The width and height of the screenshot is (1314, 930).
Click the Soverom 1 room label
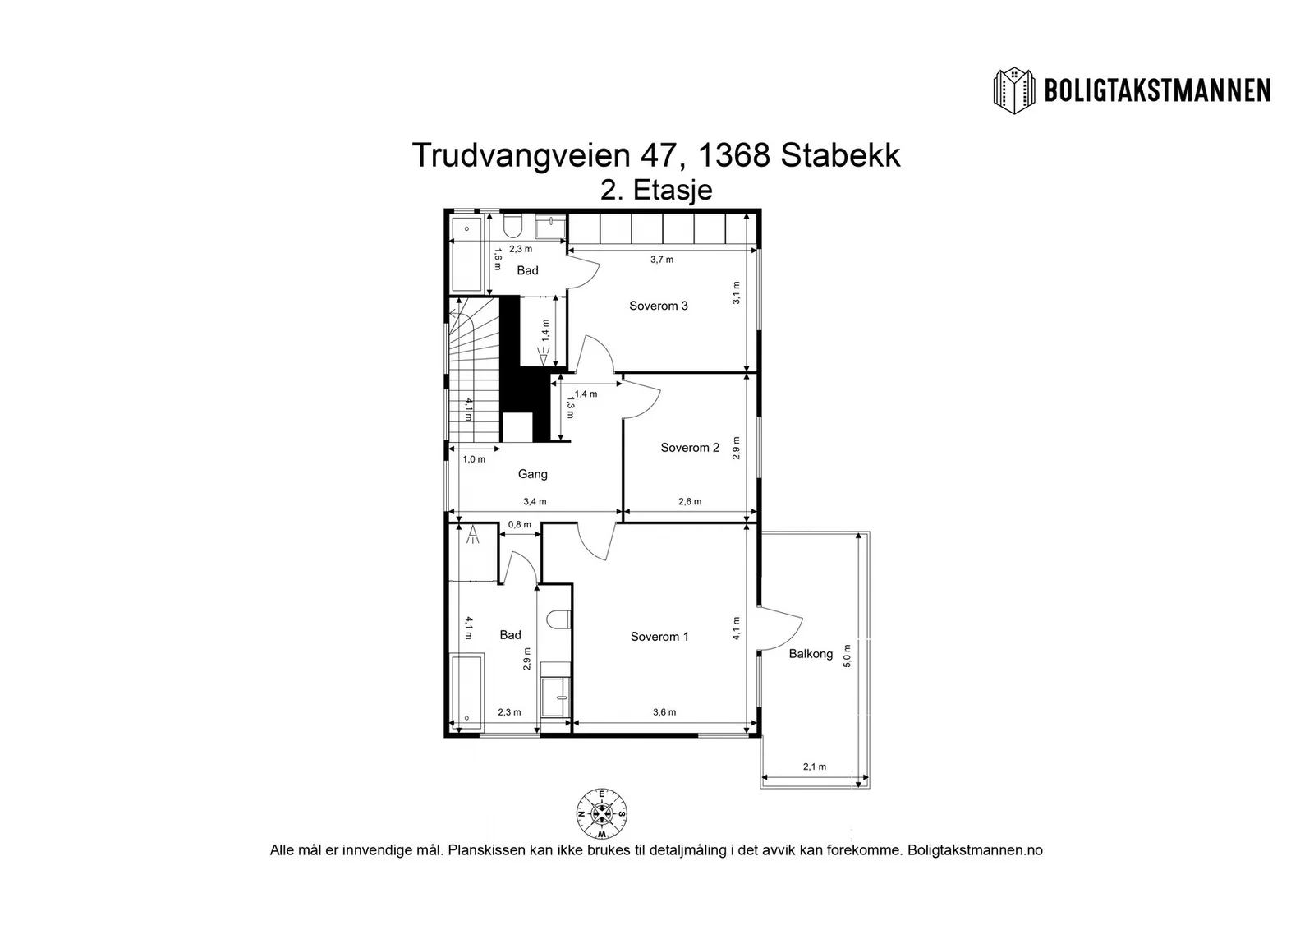coord(659,637)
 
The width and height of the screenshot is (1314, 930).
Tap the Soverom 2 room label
coord(690,448)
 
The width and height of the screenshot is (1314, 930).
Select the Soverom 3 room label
coord(658,306)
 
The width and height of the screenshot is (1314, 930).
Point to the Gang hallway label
coord(533,474)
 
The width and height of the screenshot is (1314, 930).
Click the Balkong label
coord(811,654)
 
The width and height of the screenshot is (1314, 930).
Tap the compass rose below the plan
coord(601,814)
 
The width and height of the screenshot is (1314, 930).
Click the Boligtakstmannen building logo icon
coord(1013,91)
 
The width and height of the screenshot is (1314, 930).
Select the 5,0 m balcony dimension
coord(847,656)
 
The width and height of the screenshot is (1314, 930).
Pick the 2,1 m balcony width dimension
coord(814,767)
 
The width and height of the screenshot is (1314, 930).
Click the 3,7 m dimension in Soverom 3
coord(662,260)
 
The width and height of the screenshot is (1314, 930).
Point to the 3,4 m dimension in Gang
coord(535,502)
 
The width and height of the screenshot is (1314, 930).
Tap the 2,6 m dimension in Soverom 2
coord(690,502)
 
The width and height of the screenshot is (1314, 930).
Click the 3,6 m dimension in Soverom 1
coord(664,712)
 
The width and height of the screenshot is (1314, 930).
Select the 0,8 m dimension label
coord(519,524)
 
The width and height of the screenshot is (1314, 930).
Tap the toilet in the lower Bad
coord(558,619)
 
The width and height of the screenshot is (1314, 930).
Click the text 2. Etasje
coord(656,190)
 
